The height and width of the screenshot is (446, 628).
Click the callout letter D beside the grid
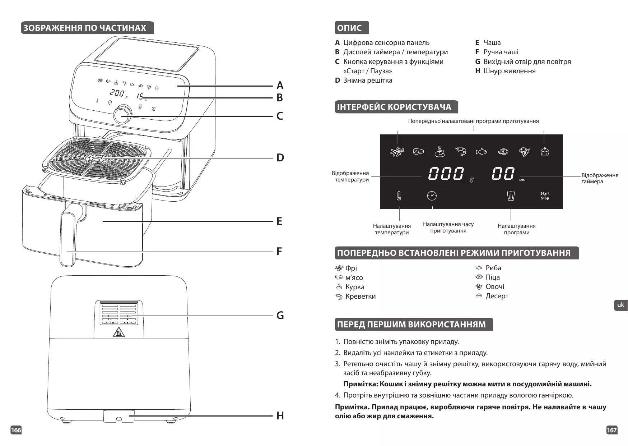pyautogui.click(x=280, y=158)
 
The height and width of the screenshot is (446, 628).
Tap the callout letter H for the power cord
pyautogui.click(x=280, y=416)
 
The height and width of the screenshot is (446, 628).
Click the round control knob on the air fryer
pyautogui.click(x=122, y=115)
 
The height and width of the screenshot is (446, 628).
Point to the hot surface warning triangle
pyautogui.click(x=118, y=332)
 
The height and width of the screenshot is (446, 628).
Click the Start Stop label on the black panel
pyautogui.click(x=545, y=196)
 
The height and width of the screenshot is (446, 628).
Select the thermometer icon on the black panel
pyautogui.click(x=399, y=196)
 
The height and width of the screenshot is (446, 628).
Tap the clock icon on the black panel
pyautogui.click(x=432, y=196)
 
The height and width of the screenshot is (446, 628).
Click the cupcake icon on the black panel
pyautogui.click(x=545, y=152)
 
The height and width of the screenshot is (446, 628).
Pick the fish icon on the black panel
pyautogui.click(x=481, y=152)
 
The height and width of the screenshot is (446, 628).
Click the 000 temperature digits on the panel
pyautogui.click(x=446, y=174)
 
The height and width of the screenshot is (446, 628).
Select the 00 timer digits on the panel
pyautogui.click(x=503, y=174)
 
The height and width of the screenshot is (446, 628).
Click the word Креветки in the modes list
pyautogui.click(x=360, y=296)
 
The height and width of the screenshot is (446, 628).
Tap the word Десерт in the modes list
pyautogui.click(x=497, y=296)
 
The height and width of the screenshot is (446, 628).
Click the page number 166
pyautogui.click(x=16, y=430)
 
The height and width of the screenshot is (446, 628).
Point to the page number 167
pyautogui.click(x=611, y=430)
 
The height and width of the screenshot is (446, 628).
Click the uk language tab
pyautogui.click(x=620, y=305)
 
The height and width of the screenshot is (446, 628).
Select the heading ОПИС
pyautogui.click(x=350, y=28)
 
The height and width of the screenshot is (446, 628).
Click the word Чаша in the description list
pyautogui.click(x=492, y=43)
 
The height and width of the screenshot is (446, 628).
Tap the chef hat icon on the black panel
pyautogui.click(x=511, y=196)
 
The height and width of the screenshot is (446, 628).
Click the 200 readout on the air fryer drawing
pyautogui.click(x=117, y=93)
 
